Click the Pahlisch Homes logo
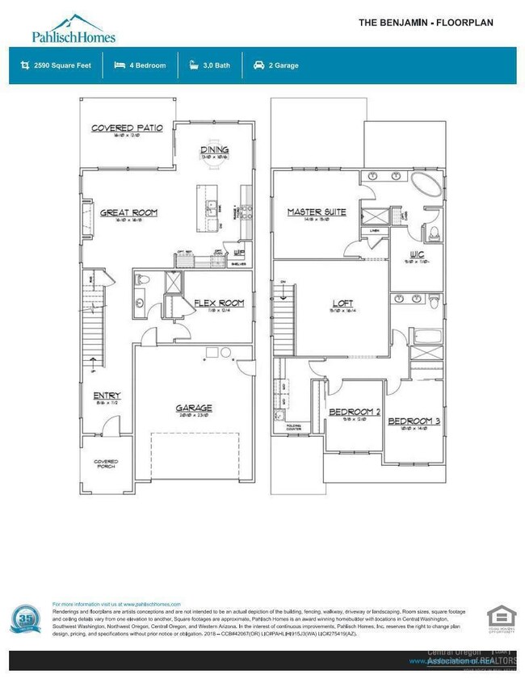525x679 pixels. (x=73, y=28)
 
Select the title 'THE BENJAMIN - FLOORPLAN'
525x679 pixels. (x=426, y=23)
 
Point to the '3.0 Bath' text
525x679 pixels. (x=212, y=65)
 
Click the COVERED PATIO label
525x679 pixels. (x=127, y=128)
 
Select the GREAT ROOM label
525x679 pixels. (x=128, y=213)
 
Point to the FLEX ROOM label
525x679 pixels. (x=219, y=303)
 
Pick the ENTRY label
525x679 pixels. (x=107, y=396)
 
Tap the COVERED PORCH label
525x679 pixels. (x=106, y=463)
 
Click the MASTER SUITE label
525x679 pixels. (x=317, y=212)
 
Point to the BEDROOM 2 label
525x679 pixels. (x=354, y=412)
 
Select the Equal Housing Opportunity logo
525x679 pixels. (x=499, y=619)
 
